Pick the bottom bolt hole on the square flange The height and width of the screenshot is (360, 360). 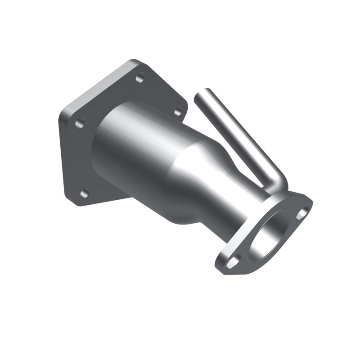(x=84, y=194)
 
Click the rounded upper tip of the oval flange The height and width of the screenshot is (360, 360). (x=309, y=202)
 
